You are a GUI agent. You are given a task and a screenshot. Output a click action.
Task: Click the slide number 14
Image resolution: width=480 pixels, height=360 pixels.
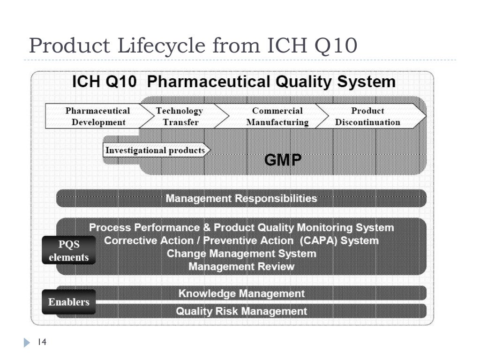(x=42, y=343)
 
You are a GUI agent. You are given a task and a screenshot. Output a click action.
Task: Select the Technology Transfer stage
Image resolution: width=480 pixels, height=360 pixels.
(x=180, y=117)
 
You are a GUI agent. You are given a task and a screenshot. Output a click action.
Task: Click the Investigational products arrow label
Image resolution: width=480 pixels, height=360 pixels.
(x=155, y=150)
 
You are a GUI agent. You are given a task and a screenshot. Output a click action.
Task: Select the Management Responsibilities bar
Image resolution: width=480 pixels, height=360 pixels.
(x=241, y=198)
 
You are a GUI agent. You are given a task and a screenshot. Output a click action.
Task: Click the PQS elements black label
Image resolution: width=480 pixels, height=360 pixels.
(x=68, y=251)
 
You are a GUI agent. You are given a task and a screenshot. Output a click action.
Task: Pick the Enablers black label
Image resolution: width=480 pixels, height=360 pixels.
(x=68, y=302)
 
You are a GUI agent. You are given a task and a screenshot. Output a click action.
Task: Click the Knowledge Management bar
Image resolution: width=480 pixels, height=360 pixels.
(x=241, y=293)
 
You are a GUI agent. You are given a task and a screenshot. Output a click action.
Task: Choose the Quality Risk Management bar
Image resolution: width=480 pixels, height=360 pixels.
(x=241, y=311)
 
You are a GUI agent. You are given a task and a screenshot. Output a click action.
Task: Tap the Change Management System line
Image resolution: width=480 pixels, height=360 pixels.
(x=241, y=254)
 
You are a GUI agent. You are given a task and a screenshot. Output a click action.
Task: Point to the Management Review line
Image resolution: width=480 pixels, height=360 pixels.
(x=241, y=267)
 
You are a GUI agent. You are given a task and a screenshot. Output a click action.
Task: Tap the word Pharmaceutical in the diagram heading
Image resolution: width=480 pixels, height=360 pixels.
(x=208, y=82)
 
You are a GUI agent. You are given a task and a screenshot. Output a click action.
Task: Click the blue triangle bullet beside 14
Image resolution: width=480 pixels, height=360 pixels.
(x=27, y=343)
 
